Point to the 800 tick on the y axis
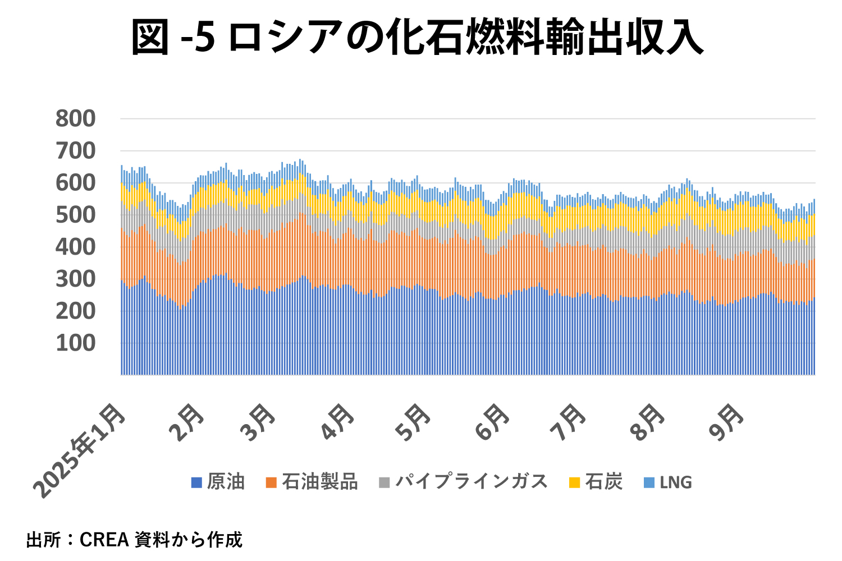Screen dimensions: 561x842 [75, 119]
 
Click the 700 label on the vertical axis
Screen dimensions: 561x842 [75, 151]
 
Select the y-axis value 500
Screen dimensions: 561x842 [75, 215]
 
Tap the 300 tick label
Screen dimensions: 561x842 [75, 279]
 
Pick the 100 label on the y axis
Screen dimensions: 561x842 [75, 343]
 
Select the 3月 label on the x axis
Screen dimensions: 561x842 [258, 422]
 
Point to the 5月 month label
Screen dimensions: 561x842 [413, 422]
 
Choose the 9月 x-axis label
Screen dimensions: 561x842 [726, 422]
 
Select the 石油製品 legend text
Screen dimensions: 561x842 [319, 482]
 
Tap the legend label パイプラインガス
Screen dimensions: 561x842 [472, 482]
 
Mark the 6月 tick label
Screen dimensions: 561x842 [492, 422]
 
